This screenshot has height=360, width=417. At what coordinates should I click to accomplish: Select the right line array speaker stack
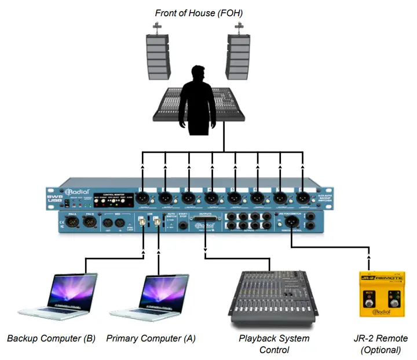point(238,57)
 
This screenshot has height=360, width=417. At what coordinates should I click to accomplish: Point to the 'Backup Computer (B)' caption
point(51,339)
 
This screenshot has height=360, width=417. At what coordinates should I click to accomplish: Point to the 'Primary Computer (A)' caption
point(150,339)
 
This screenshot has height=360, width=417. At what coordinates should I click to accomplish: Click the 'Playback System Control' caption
point(274,344)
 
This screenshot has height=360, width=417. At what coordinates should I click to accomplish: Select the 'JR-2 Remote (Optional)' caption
point(380,344)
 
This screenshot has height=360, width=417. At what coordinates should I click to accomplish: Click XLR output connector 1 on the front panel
point(143,197)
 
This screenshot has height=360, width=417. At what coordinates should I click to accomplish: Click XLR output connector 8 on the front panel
point(302,197)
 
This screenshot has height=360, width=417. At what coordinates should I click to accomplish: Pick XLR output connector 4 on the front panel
point(211,197)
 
